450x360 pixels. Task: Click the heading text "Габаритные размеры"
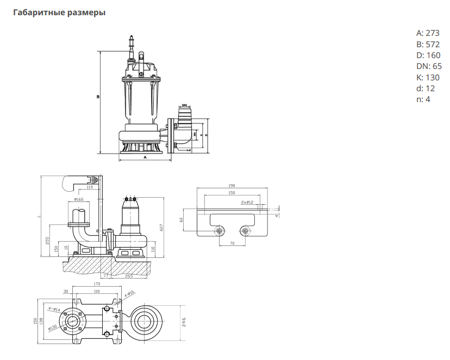coord(59,12)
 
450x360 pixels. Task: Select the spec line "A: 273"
coord(428,33)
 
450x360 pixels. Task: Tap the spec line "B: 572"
coord(428,44)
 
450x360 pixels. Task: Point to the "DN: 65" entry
coord(429,66)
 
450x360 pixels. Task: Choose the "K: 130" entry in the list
coord(428,77)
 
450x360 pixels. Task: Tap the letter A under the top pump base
coord(145,157)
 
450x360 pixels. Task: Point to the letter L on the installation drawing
coord(39,217)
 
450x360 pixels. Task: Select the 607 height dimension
coord(161,228)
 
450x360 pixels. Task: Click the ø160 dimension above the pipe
coord(78,199)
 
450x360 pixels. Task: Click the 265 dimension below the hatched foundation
coord(129,276)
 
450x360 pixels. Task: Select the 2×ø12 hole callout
coord(247,202)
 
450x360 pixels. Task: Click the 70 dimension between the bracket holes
coord(232,244)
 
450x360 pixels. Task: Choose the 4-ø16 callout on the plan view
coord(129,294)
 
